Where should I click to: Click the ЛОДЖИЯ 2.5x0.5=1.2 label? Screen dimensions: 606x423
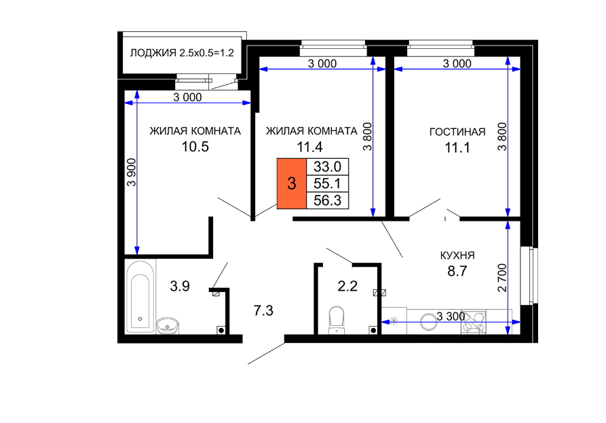tap(182, 52)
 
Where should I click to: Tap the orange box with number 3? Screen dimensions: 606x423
tap(292, 183)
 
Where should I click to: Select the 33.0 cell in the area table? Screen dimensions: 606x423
tap(327, 166)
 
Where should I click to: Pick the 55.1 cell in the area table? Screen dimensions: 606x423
tap(327, 183)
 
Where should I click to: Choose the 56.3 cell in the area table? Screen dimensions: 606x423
tap(327, 200)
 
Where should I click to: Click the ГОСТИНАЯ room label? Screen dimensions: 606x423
tap(457, 132)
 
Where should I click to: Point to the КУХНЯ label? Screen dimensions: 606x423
tap(457, 255)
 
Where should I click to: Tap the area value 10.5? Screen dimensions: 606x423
tap(195, 147)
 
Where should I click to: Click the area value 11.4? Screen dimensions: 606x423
tap(309, 147)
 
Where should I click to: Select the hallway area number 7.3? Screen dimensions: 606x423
tap(263, 310)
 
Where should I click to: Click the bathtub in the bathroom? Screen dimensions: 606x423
tap(140, 297)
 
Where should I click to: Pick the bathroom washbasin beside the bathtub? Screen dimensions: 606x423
tap(168, 325)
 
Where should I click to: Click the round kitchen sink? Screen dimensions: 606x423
tap(429, 321)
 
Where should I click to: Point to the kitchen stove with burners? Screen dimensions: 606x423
tap(474, 322)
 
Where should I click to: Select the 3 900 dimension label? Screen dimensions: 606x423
tap(132, 172)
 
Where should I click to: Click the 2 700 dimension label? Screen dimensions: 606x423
tap(502, 278)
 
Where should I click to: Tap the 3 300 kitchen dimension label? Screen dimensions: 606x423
tap(451, 316)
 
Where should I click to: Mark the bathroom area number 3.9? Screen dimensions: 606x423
tap(180, 286)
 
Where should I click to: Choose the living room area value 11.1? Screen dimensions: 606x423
tap(457, 148)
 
